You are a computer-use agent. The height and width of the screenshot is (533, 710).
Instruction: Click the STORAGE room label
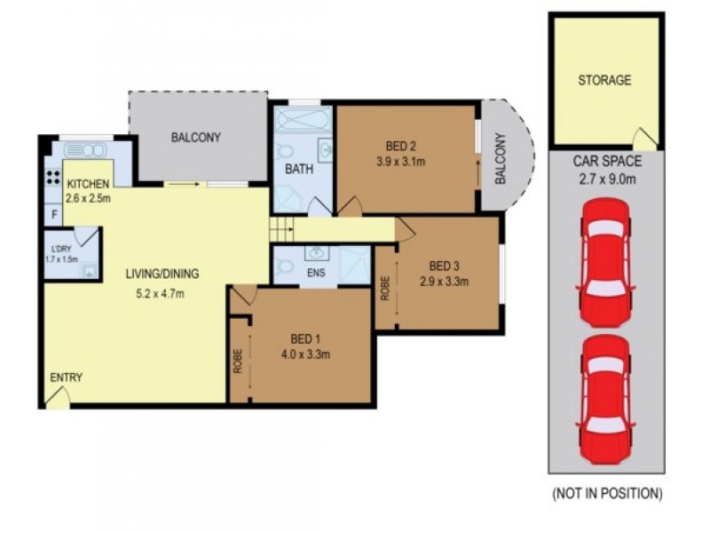(x=604, y=80)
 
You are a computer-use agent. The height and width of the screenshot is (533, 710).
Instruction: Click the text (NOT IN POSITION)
(x=607, y=493)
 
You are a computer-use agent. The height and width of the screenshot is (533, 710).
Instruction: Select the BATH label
(x=296, y=168)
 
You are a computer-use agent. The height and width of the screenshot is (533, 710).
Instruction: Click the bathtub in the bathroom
(x=302, y=120)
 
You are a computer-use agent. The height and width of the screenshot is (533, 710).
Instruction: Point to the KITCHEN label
(x=89, y=184)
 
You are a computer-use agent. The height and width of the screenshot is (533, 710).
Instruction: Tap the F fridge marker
(x=55, y=214)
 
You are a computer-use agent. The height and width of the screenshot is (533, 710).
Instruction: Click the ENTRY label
(x=66, y=378)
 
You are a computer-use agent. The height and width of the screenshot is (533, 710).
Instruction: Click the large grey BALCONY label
(x=196, y=138)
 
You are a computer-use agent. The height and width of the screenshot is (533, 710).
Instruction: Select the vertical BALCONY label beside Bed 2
(x=499, y=160)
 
